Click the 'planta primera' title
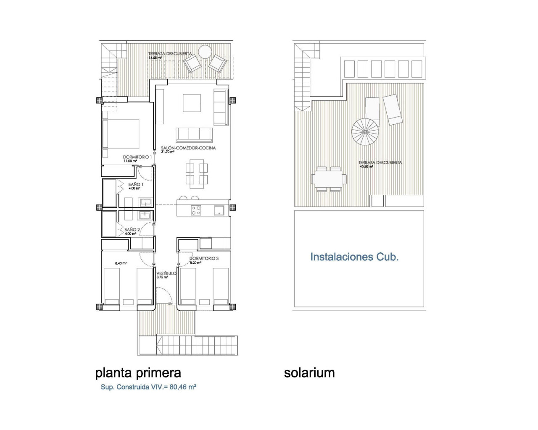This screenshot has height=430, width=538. (138, 372)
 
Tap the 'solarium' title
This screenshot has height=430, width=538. (309, 372)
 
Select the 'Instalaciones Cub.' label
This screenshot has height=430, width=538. (354, 257)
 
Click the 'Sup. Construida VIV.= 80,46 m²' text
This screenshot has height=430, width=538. (148, 387)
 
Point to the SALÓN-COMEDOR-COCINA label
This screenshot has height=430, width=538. (188, 148)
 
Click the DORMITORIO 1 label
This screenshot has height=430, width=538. (137, 157)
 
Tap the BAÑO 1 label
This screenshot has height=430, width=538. (136, 184)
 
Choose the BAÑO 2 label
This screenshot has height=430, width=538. (132, 230)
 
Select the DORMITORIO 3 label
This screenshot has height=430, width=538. (204, 258)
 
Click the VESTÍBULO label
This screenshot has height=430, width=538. (166, 273)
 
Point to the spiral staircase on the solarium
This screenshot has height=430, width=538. (365, 131)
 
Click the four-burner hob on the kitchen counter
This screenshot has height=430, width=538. (196, 210)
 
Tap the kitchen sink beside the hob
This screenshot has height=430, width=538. (219, 210)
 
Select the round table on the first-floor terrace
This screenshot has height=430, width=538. (205, 52)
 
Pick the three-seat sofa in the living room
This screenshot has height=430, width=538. (194, 135)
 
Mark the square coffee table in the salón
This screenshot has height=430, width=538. (192, 103)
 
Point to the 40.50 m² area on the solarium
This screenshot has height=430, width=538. (366, 167)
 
